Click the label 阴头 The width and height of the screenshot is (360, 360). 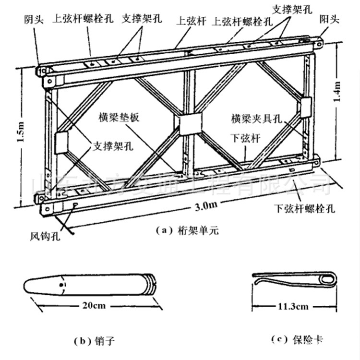[x=35, y=20]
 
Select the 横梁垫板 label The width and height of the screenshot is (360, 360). [x=119, y=117]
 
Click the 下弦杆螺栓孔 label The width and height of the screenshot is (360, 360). [x=304, y=209]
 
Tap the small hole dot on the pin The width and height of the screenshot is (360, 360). [x=61, y=284]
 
